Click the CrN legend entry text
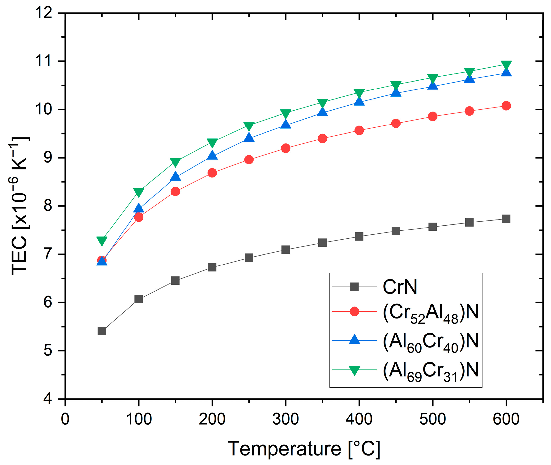pyautogui.click(x=400, y=287)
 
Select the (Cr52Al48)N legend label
pyautogui.click(x=431, y=313)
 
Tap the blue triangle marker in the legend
pyautogui.click(x=355, y=340)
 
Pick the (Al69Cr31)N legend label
pyautogui.click(x=431, y=371)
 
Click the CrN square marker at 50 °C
pyautogui.click(x=102, y=331)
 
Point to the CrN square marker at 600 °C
pyautogui.click(x=506, y=219)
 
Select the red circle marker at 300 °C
pyautogui.click(x=285, y=148)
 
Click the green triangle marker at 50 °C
pyautogui.click(x=102, y=240)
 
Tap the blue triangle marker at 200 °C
pyautogui.click(x=212, y=155)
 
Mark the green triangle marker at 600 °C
pyautogui.click(x=506, y=65)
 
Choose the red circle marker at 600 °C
pyautogui.click(x=506, y=106)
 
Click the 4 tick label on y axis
pyautogui.click(x=48, y=399)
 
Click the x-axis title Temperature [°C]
pyautogui.click(x=303, y=449)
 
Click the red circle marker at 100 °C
pyautogui.click(x=139, y=217)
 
